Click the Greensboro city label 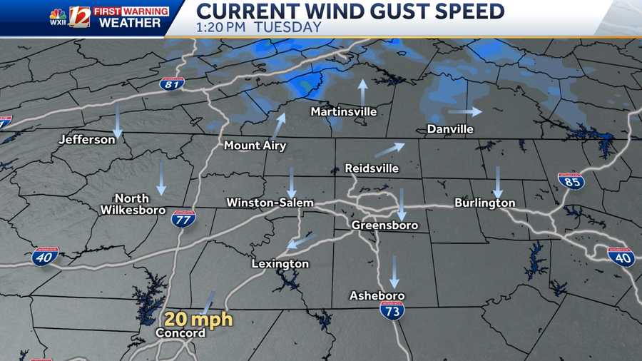tap(384, 225)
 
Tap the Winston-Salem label tap(270, 203)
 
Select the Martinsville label tap(343, 112)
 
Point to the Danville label tap(450, 129)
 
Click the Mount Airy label tap(255, 146)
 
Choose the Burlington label tap(485, 203)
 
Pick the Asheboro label tap(377, 295)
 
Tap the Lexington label tap(280, 264)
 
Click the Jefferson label tap(87, 139)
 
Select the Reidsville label tap(372, 168)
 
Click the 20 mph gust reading tap(200, 319)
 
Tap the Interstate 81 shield tap(171, 83)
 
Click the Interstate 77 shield tap(183, 218)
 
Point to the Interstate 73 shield tap(392, 310)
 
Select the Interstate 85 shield tap(571, 180)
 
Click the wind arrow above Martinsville tap(362, 91)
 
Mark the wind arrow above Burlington tap(498, 182)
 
